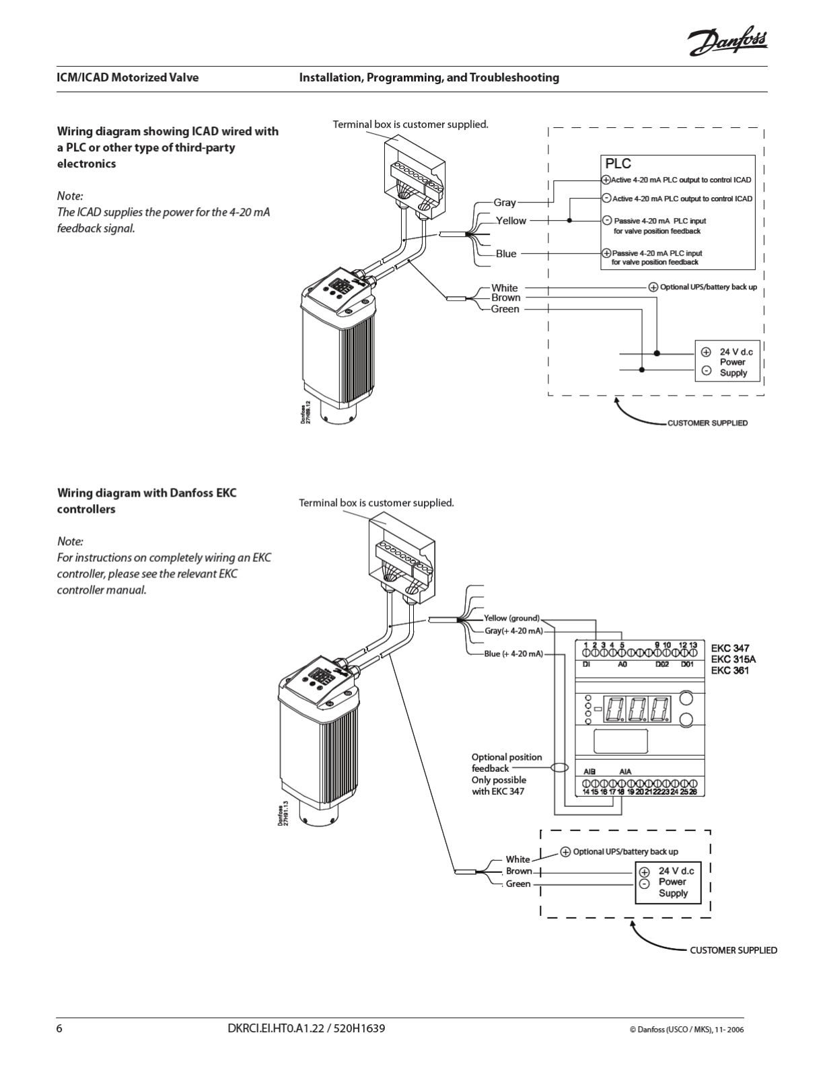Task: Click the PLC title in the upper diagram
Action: point(618,164)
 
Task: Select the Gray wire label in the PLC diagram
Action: point(505,203)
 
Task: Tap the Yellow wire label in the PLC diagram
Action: point(511,221)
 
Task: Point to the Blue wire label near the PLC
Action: point(506,254)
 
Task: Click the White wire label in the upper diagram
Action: point(505,288)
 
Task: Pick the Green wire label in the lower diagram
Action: point(518,884)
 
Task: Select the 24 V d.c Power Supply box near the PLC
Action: point(727,362)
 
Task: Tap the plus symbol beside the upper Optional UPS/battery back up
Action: point(653,287)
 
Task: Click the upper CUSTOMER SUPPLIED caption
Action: point(707,423)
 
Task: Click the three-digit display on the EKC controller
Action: point(638,709)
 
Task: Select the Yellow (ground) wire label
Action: point(511,618)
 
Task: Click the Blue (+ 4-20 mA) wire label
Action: point(513,653)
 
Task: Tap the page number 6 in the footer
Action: point(60,1029)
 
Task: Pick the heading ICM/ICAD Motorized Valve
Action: point(128,77)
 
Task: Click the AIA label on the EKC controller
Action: point(625,772)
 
